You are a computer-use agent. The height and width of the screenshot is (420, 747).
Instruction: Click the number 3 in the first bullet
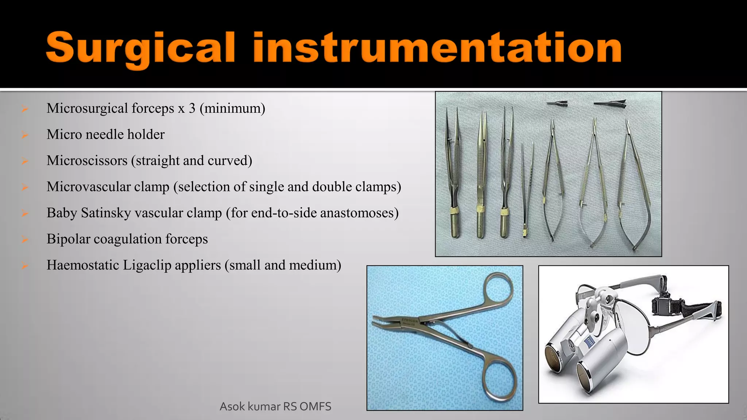pos(192,108)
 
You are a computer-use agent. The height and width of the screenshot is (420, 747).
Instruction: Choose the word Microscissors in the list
pos(87,160)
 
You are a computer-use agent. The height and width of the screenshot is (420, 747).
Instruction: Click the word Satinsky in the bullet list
pos(106,213)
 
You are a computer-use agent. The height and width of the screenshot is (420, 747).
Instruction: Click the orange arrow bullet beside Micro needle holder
pos(25,135)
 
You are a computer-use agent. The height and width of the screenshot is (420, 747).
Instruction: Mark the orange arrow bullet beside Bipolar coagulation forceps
pos(25,240)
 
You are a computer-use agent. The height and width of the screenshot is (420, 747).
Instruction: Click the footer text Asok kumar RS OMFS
pos(275,406)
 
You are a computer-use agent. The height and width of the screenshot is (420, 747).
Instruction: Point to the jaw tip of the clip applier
pos(378,322)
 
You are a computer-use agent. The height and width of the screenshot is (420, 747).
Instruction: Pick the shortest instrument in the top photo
pos(526,190)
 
